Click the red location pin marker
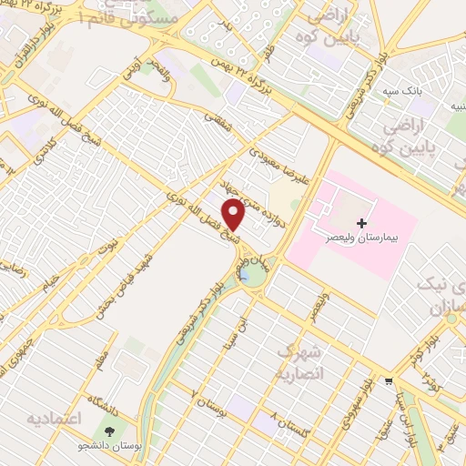point(235,214)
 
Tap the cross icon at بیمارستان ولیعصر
point(362,222)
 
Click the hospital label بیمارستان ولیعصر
point(362,236)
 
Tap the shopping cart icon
point(389,382)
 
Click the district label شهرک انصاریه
point(299,360)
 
